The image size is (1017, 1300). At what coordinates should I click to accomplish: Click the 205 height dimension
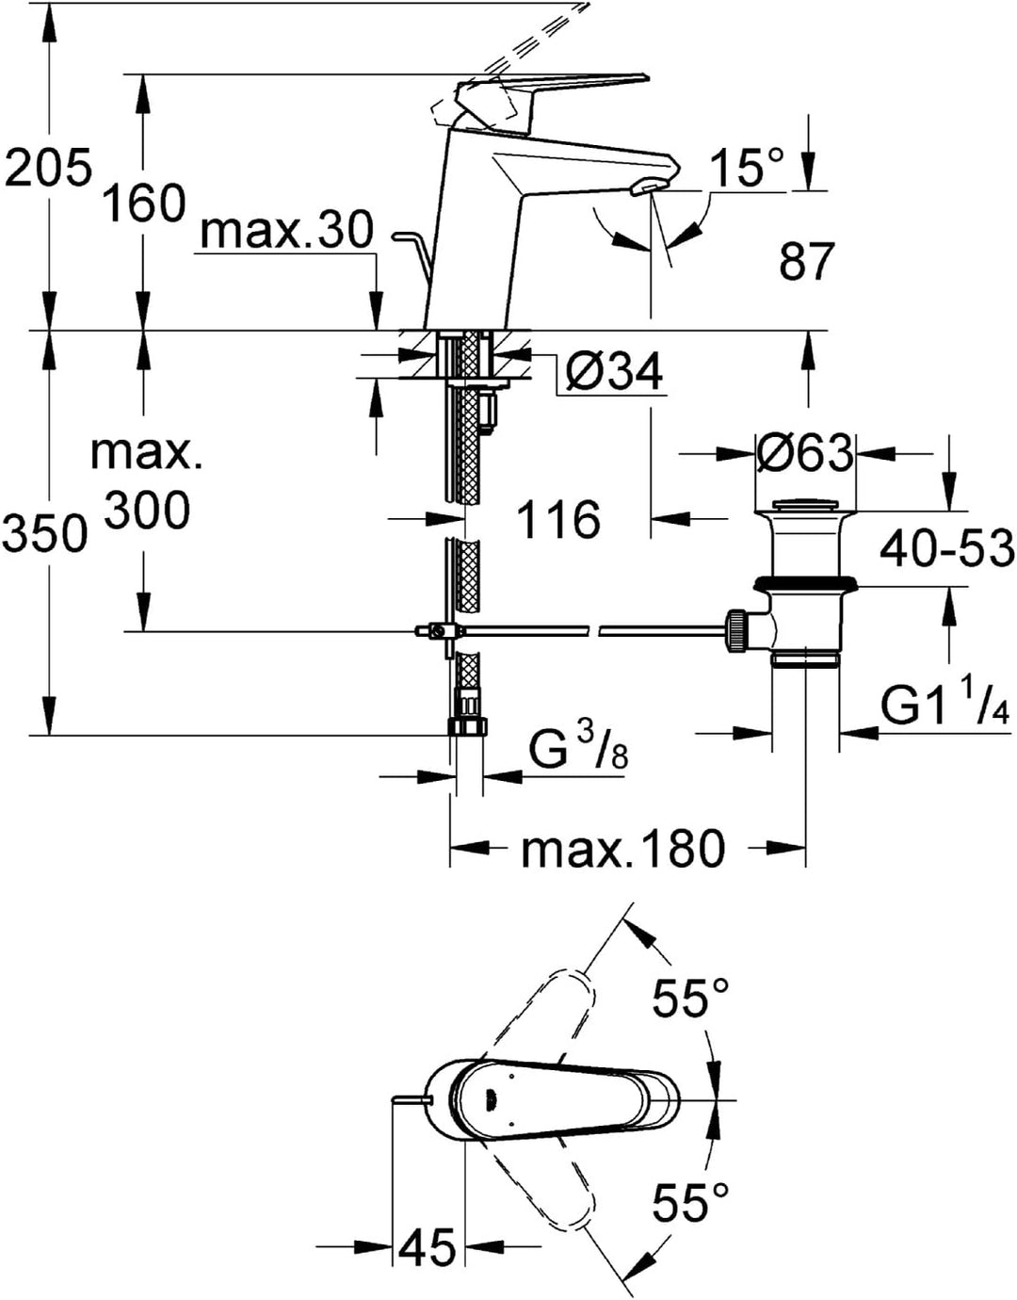pyautogui.click(x=48, y=167)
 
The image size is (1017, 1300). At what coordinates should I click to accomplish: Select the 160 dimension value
pyautogui.click(x=143, y=203)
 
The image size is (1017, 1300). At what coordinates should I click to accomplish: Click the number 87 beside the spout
pyautogui.click(x=807, y=262)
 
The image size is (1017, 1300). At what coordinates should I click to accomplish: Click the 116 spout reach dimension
pyautogui.click(x=558, y=519)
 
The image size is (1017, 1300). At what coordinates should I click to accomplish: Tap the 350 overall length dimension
pyautogui.click(x=45, y=533)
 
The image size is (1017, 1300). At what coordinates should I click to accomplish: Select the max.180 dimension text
pyautogui.click(x=623, y=848)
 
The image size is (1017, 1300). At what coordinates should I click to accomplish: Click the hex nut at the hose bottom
pyautogui.click(x=468, y=726)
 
